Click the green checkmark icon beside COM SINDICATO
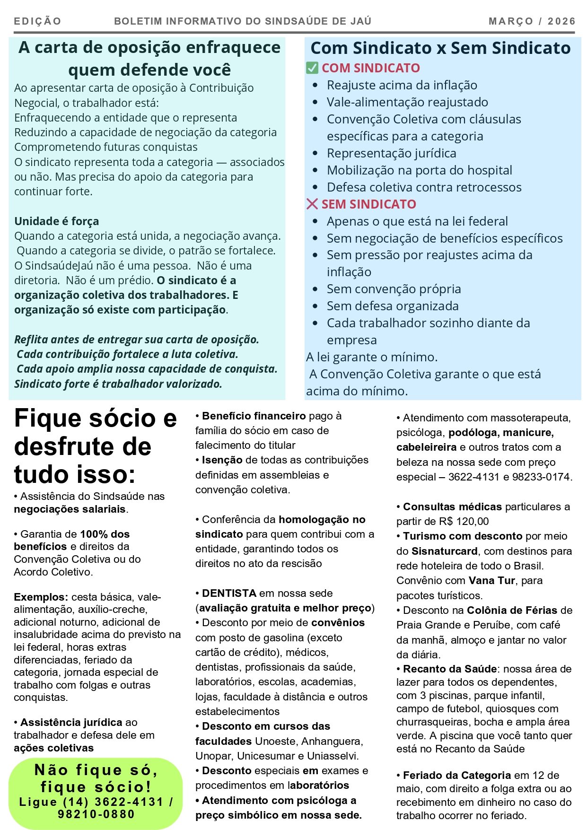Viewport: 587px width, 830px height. (312, 68)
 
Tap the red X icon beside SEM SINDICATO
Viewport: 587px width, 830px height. (312, 204)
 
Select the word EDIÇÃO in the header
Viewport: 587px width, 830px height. (37, 21)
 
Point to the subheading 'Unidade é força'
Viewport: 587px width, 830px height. (56, 221)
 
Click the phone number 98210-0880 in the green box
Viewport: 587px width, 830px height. (96, 814)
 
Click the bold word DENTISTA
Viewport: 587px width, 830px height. (229, 593)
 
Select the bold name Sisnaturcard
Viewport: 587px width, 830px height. (444, 551)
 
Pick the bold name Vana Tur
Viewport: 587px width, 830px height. (491, 580)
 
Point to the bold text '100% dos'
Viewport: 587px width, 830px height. (105, 534)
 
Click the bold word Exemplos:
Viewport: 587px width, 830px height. (41, 597)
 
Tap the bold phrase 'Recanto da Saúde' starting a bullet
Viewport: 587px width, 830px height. (449, 669)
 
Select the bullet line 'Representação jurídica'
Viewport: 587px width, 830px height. (391, 153)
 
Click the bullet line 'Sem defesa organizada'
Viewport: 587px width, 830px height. (392, 306)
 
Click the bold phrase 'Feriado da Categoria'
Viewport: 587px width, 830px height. (456, 775)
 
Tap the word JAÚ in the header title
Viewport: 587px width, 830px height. (361, 21)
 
